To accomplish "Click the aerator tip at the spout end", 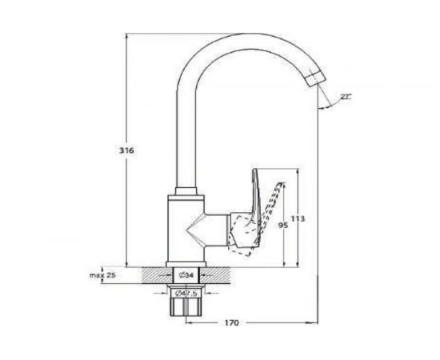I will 318,78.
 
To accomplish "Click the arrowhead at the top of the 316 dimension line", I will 127,37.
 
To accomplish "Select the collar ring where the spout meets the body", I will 186,190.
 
